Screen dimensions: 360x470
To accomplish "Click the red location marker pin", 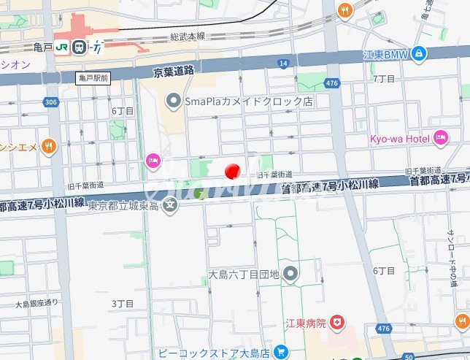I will coord(232,172).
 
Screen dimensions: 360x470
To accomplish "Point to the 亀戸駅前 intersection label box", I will coord(93,77).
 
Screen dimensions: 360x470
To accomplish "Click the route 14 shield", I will coord(283,64).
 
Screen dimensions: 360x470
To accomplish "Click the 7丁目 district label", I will coord(384,77).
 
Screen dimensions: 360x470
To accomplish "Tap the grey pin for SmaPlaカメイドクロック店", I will coord(173,101).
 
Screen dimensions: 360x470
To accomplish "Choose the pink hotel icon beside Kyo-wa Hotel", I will coord(440,137).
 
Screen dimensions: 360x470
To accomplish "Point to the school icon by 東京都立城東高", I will coord(170,204).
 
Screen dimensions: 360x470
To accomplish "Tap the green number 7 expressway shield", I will coord(199,194).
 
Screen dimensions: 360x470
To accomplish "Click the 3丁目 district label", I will coord(122,302).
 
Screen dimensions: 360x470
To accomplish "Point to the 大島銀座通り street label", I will coord(36,302).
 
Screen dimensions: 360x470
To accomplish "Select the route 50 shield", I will coord(408,356).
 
